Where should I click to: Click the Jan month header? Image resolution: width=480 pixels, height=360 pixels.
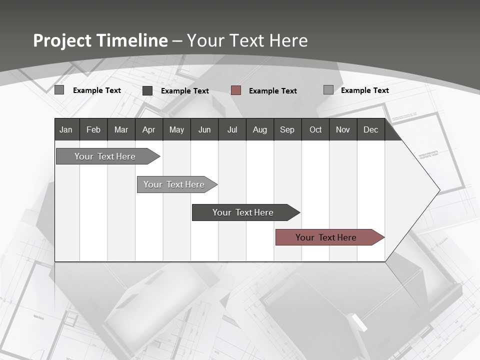(66, 129)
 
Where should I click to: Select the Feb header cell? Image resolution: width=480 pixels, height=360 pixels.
(93, 129)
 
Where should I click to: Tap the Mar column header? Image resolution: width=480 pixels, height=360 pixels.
(121, 129)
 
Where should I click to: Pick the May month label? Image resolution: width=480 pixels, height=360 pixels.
(176, 129)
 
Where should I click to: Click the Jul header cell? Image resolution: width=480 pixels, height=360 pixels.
(232, 129)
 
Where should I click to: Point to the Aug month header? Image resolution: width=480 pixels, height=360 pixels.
(259, 129)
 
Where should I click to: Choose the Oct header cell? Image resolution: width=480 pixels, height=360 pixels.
(315, 129)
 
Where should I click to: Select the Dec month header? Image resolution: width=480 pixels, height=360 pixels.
(370, 129)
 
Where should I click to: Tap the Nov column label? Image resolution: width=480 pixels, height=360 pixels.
(343, 129)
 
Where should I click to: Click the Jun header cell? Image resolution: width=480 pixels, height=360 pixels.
(204, 129)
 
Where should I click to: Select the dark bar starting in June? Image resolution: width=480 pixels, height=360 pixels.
(243, 212)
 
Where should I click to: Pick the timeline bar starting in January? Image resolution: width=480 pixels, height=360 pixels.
(105, 156)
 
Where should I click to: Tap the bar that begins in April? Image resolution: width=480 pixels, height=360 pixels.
(174, 184)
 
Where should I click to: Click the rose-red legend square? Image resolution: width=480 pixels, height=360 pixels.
(236, 90)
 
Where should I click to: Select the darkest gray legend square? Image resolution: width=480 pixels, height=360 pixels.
(147, 90)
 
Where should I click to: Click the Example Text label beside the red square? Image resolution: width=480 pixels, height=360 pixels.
(272, 91)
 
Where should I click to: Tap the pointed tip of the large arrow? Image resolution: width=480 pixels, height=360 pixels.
(438, 190)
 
